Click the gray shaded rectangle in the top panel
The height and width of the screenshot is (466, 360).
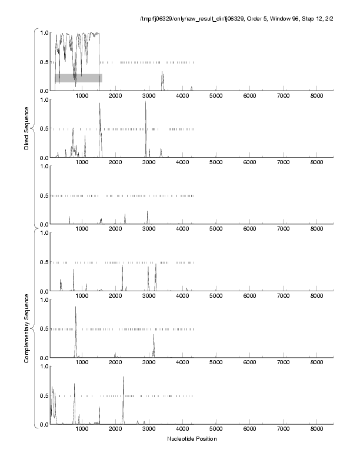[78, 78]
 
